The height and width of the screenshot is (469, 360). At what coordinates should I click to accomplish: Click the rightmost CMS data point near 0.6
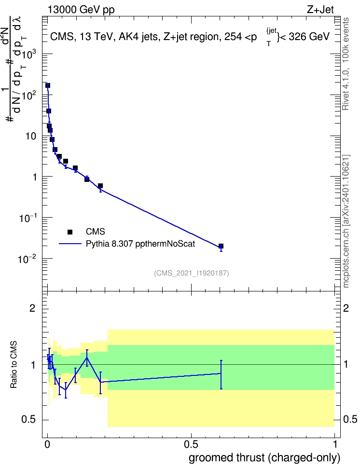(221, 246)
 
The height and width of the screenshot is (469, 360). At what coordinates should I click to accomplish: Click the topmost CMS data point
(48, 85)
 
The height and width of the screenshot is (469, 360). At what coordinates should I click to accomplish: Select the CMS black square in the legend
(70, 232)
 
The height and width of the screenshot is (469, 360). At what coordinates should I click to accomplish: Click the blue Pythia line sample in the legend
(70, 244)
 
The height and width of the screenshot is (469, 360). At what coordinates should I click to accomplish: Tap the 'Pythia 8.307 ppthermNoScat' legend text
(140, 244)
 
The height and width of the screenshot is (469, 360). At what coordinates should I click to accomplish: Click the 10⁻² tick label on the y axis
(28, 259)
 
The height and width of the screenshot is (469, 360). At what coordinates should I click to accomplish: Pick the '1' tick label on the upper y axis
(35, 177)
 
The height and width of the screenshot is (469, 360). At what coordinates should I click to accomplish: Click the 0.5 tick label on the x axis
(191, 444)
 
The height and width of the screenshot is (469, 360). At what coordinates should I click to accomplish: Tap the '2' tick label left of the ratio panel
(32, 308)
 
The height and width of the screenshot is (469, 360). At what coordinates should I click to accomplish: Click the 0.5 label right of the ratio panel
(350, 419)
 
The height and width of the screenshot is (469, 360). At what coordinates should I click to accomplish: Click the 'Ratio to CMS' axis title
(14, 365)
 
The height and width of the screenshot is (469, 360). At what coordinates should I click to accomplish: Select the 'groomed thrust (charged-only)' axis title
(264, 458)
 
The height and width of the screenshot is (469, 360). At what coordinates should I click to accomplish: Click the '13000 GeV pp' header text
(81, 10)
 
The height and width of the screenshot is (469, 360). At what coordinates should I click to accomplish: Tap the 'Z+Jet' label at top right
(320, 10)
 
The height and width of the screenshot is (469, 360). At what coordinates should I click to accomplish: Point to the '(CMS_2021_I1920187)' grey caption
(192, 273)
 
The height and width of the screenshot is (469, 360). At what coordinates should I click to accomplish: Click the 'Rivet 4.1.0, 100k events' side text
(346, 64)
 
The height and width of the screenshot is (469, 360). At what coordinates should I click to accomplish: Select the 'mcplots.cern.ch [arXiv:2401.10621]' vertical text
(346, 221)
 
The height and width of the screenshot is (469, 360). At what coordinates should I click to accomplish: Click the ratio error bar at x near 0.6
(221, 375)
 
